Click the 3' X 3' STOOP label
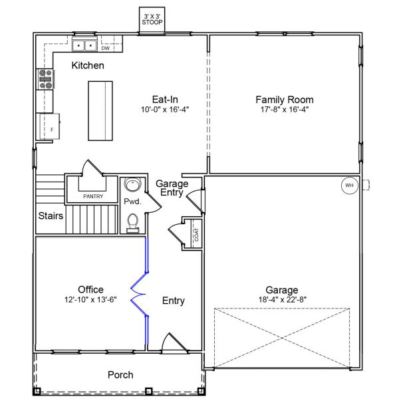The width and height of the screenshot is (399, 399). pyautogui.click(x=152, y=19)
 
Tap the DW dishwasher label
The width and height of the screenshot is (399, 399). pyautogui.click(x=106, y=48)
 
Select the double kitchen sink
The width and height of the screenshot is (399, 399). pyautogui.click(x=84, y=45)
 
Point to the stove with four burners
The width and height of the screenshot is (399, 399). pyautogui.click(x=46, y=79)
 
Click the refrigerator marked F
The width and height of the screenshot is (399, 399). pyautogui.click(x=50, y=126)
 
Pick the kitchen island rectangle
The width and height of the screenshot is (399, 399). pyautogui.click(x=100, y=110)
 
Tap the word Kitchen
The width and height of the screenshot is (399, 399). pyautogui.click(x=88, y=65)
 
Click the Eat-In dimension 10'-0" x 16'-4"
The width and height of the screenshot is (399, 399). pyautogui.click(x=165, y=110)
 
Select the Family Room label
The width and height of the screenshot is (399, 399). pyautogui.click(x=285, y=100)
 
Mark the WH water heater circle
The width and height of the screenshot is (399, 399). pyautogui.click(x=349, y=186)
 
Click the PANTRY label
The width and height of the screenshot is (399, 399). pyautogui.click(x=93, y=196)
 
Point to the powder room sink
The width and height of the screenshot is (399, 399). pyautogui.click(x=132, y=184)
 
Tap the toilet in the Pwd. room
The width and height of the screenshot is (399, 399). pyautogui.click(x=133, y=223)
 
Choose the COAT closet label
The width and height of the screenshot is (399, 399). pyautogui.click(x=197, y=235)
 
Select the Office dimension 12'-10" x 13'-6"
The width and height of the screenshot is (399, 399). pyautogui.click(x=90, y=300)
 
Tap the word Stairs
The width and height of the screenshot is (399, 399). pyautogui.click(x=51, y=215)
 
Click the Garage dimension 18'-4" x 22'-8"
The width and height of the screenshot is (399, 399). pyautogui.click(x=282, y=300)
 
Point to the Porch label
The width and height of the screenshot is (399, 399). pyautogui.click(x=120, y=375)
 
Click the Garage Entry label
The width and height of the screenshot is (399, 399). pyautogui.click(x=172, y=188)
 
